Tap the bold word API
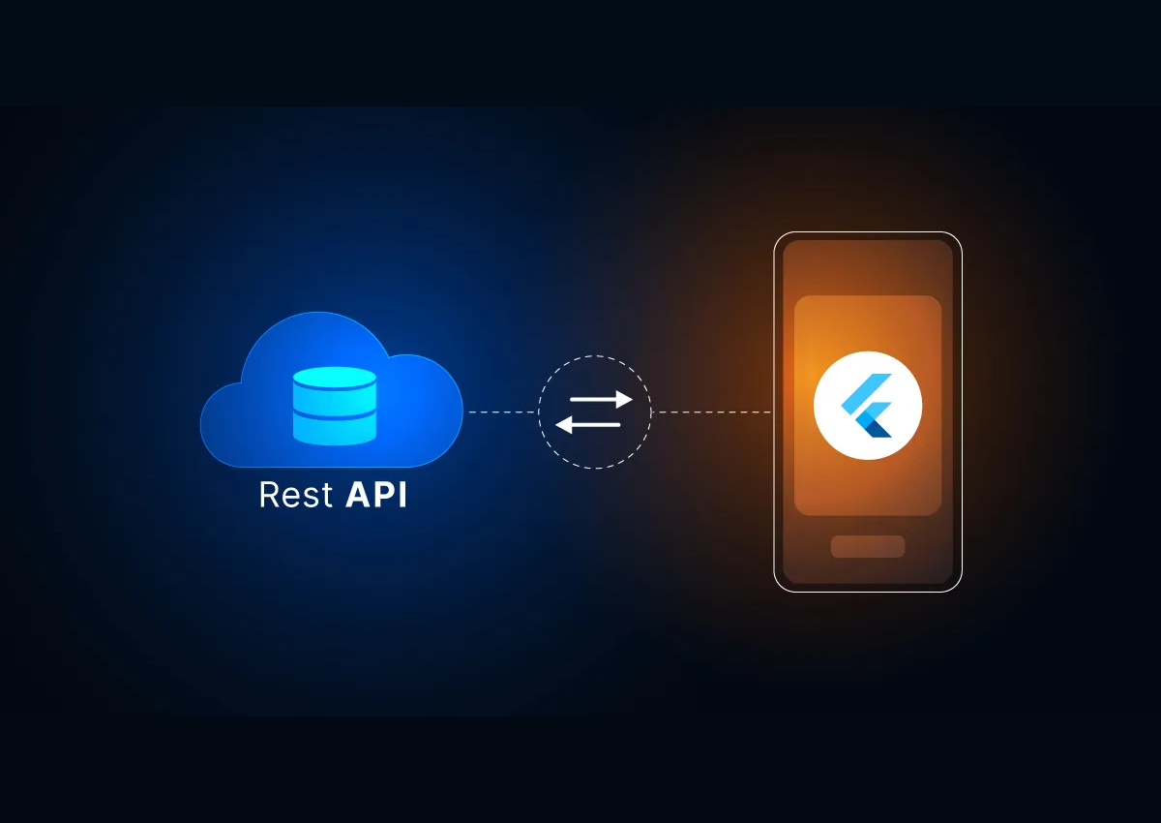(376, 495)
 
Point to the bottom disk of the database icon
(334, 433)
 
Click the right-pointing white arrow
(600, 399)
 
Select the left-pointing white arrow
(588, 424)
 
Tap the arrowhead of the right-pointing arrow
(625, 399)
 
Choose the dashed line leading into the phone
(711, 412)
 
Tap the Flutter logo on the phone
(867, 406)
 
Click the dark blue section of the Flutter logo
(878, 426)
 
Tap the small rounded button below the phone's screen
(868, 546)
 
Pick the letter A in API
(357, 495)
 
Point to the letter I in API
(402, 495)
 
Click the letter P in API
(383, 495)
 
